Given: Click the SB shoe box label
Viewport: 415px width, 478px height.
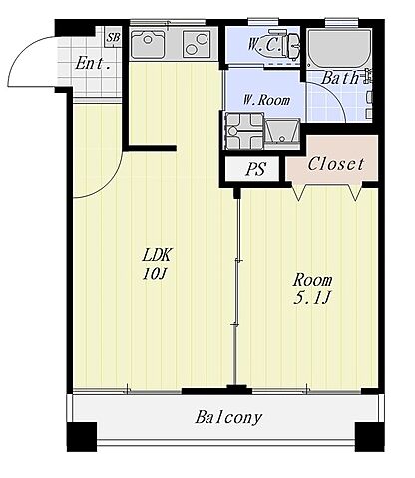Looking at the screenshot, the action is [x=113, y=37].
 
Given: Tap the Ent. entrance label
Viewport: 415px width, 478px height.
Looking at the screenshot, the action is [x=93, y=63].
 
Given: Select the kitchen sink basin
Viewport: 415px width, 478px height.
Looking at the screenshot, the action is [x=148, y=44].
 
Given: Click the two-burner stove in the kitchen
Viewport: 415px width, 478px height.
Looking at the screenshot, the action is [x=197, y=44].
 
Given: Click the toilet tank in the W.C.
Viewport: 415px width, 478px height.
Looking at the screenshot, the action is [x=294, y=46].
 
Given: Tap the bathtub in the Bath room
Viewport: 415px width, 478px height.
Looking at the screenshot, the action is [x=339, y=49].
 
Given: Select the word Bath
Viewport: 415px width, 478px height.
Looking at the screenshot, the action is [x=340, y=78].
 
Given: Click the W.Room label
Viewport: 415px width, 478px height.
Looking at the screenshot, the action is [x=266, y=100].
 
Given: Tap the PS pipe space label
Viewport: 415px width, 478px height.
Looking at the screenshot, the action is [x=255, y=169].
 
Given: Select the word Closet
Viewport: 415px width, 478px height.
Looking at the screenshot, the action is [x=336, y=164].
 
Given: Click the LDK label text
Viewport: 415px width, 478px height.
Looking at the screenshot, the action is [x=157, y=255].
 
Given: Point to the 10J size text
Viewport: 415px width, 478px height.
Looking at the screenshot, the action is [x=154, y=274].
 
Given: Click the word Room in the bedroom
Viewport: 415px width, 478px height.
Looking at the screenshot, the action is [x=312, y=280].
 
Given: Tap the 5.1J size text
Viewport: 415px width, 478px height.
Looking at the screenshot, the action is [x=311, y=298].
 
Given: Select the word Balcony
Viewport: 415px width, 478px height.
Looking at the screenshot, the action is [x=228, y=418].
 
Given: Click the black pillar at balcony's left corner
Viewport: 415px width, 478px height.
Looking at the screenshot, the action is [x=82, y=437].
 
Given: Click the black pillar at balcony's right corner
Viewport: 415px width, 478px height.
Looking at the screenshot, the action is [x=370, y=437].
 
